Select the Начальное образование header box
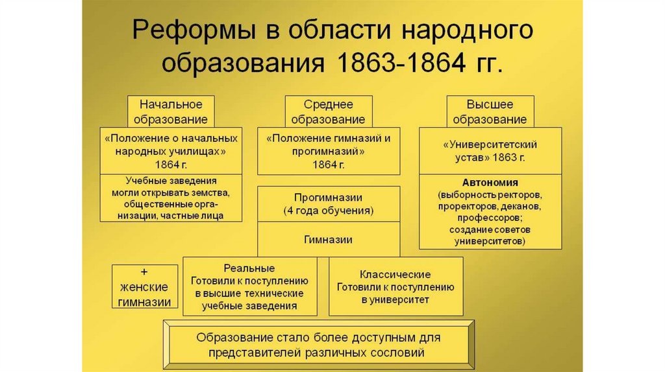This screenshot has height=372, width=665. [x=171, y=111]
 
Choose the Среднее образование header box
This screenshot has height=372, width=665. [x=328, y=111]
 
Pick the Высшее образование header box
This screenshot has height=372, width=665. [x=490, y=111]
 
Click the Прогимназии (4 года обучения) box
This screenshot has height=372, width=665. [x=328, y=204]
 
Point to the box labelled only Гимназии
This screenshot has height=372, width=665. [x=328, y=239]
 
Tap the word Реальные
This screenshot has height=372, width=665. [x=249, y=268]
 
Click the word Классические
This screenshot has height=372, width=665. [x=395, y=274]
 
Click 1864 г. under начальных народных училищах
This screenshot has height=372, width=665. [x=171, y=165]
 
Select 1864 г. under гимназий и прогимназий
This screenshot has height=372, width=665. [x=328, y=165]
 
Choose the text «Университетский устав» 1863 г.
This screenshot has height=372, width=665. [x=490, y=150]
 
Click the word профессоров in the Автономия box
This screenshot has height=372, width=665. [x=490, y=218]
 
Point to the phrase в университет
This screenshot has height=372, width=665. [x=395, y=300]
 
